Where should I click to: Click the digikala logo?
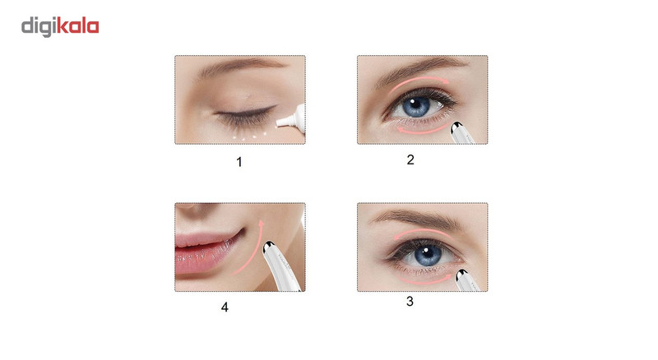click(x=60, y=27)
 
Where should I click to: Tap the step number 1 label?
click(x=239, y=162)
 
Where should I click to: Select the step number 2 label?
click(x=410, y=159)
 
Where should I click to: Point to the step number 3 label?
click(x=410, y=301)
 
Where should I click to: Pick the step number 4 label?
click(x=225, y=307)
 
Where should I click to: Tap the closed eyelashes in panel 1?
click(x=244, y=114)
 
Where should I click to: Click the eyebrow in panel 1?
click(x=241, y=67)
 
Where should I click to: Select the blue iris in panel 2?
click(x=416, y=106)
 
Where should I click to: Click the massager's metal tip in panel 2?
click(x=456, y=127)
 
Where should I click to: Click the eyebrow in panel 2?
click(x=419, y=68)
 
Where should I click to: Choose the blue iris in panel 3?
click(x=427, y=255)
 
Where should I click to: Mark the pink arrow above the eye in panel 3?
click(x=423, y=233)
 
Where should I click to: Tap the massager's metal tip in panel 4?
click(x=269, y=247)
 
